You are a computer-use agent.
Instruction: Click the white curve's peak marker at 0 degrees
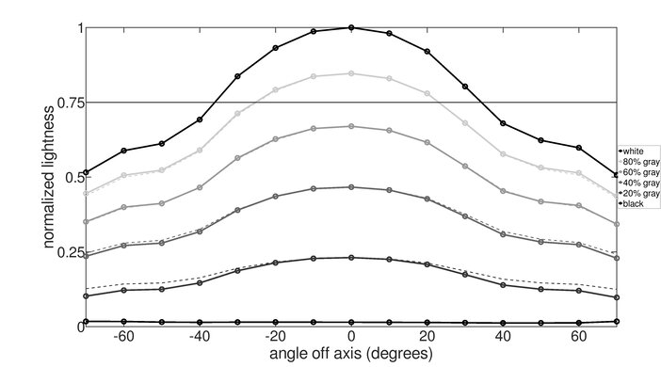tap(351, 28)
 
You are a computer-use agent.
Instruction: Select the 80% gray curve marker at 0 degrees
tap(351, 73)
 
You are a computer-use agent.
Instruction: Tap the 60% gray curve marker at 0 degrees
tap(351, 126)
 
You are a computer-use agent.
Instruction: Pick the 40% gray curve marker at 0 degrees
tap(351, 187)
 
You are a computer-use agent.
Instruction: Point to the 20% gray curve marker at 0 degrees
tap(351, 258)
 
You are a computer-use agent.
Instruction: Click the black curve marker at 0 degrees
tap(351, 322)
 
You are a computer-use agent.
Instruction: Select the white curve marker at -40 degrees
tap(200, 120)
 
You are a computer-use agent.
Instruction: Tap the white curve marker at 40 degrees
tap(503, 123)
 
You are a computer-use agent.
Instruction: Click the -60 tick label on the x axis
tap(121, 337)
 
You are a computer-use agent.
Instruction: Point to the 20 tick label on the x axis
tap(427, 337)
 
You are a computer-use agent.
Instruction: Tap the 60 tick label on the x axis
tap(579, 337)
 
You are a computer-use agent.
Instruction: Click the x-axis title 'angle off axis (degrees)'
tap(350, 355)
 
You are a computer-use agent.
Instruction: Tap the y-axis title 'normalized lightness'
tap(46, 177)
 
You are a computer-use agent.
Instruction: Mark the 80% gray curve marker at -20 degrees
tap(275, 90)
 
